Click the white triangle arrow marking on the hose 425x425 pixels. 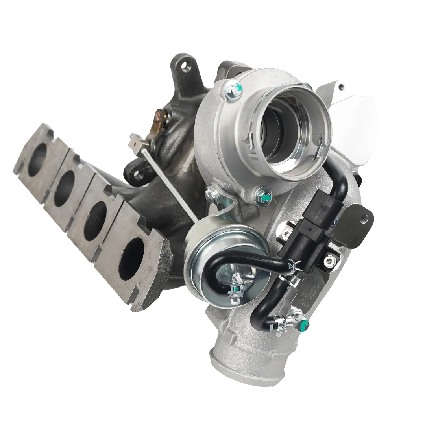pyautogui.click(x=291, y=267)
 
